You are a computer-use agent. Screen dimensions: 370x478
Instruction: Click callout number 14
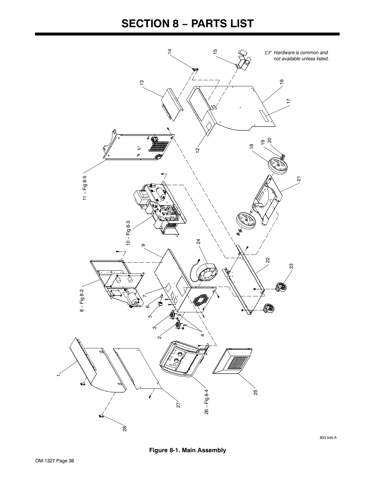click(169, 51)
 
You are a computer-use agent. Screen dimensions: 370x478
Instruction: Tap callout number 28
click(125, 428)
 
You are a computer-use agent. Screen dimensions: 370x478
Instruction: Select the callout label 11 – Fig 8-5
click(85, 188)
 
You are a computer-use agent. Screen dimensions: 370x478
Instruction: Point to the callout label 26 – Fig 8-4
click(207, 402)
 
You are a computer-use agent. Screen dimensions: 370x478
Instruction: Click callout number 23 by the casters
click(291, 266)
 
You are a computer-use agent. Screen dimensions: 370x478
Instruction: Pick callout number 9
click(143, 245)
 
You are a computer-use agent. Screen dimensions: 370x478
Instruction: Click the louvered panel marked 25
click(232, 361)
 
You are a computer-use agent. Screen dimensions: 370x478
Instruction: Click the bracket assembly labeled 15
click(243, 60)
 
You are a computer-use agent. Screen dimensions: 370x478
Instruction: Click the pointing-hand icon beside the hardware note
click(268, 53)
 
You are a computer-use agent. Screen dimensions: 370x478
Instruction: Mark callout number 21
click(299, 179)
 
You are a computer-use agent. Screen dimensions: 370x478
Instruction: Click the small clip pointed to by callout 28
click(101, 416)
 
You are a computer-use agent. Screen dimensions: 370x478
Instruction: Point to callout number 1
click(58, 375)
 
